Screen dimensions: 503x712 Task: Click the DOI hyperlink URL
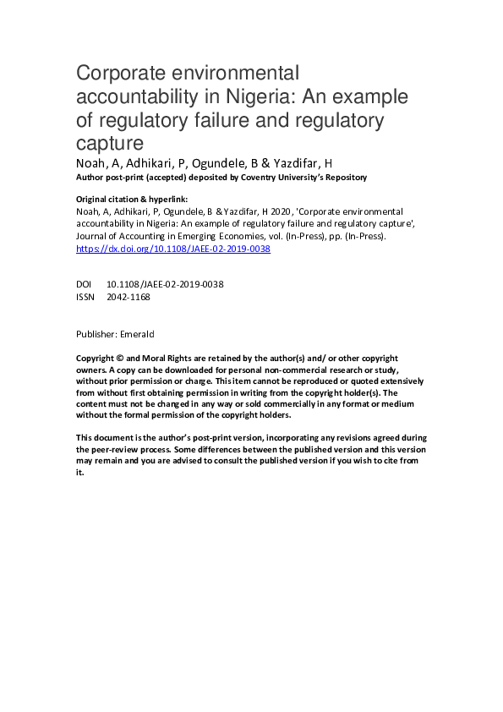(x=173, y=249)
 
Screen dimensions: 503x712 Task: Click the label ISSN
(x=85, y=297)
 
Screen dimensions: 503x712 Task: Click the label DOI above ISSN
(x=84, y=285)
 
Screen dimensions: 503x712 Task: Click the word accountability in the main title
(x=134, y=96)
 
